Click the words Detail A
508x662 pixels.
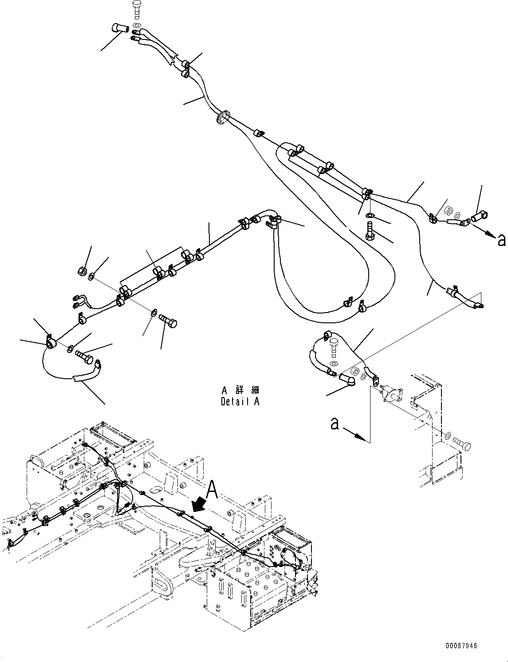point(240,401)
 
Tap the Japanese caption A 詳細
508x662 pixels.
point(240,391)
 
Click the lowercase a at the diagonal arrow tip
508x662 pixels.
point(501,240)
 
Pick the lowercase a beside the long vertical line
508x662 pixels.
point(335,424)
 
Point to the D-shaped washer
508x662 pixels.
point(153,313)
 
